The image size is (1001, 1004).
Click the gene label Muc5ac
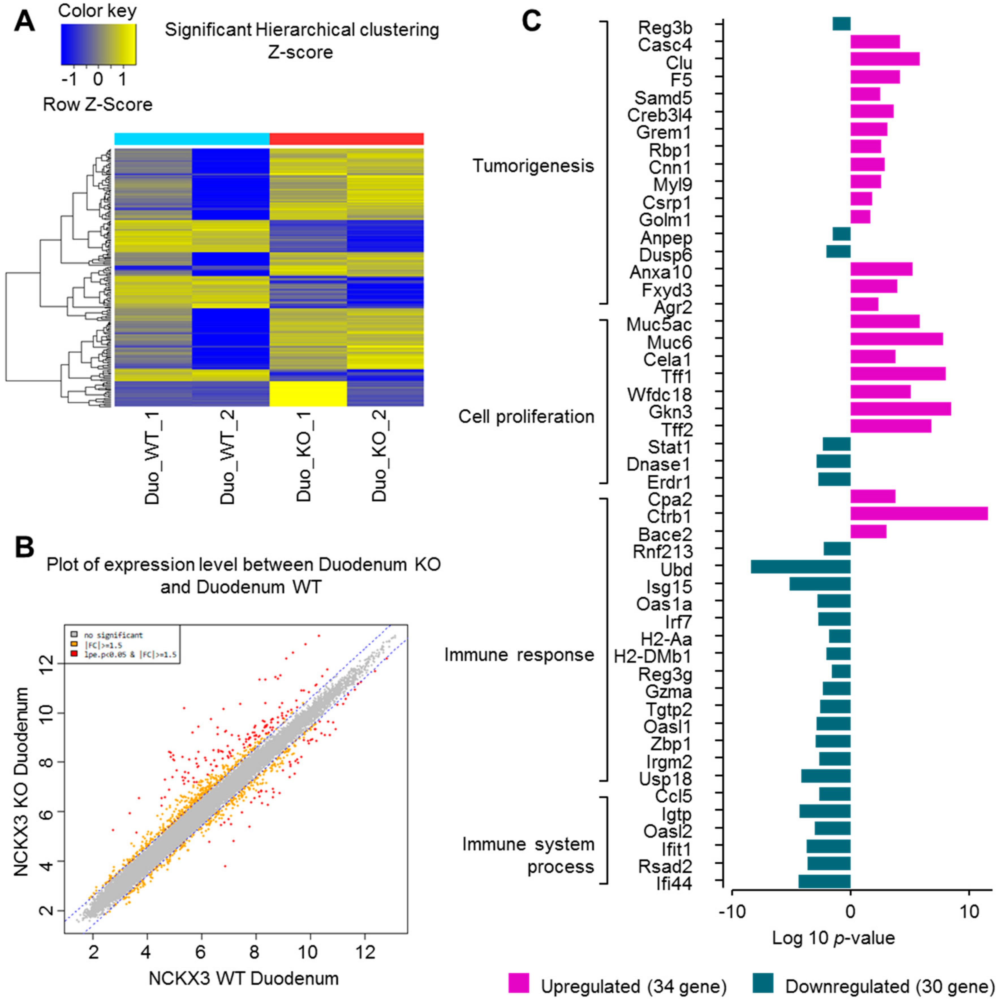[x=659, y=325]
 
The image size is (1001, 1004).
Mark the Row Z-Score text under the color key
[x=98, y=104]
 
